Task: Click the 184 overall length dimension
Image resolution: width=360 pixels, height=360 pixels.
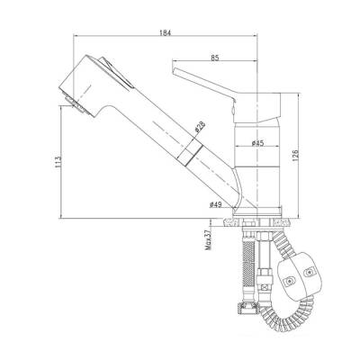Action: point(165,32)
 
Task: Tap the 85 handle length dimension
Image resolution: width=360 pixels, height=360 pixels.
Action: point(215,58)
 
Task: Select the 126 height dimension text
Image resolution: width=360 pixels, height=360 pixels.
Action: point(295,156)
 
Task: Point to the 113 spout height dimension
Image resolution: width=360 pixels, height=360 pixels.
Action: point(58,161)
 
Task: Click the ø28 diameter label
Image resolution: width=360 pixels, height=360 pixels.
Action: point(200,127)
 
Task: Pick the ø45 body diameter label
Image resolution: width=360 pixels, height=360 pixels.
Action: point(257,143)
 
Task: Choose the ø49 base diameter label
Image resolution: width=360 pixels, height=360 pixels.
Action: point(215,204)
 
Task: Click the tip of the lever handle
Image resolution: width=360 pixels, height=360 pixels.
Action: point(173,70)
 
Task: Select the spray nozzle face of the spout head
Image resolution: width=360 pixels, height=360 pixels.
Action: point(76,104)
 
